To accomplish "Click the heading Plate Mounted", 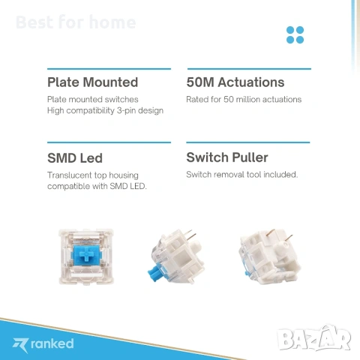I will coord(92,82).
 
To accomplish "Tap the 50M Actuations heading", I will coord(235,82).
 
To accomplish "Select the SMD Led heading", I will coord(75,158).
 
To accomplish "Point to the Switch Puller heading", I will coord(226,157).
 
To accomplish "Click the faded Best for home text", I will coord(76,22).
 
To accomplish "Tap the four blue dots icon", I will coord(295,34).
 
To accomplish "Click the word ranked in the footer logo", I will coord(52,343).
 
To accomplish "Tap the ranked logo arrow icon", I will coord(21,343).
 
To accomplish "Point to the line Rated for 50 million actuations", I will coord(244,99).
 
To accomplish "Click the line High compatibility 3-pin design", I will coord(105,110).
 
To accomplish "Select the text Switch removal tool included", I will coord(242,174).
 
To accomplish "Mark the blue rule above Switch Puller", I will coord(247,142).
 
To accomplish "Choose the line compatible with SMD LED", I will coord(96,186).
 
